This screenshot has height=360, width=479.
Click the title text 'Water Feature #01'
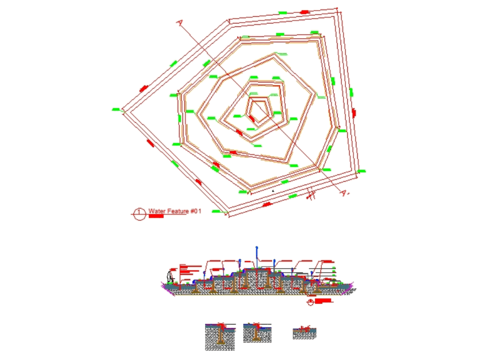point(174,211)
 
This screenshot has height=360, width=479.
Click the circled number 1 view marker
point(139,214)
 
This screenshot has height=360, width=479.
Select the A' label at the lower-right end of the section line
point(344,193)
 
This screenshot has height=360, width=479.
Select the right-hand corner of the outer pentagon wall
point(359,174)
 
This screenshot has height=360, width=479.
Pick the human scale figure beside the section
point(169,277)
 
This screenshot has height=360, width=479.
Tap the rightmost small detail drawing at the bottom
point(304,333)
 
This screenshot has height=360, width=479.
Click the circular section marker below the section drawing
point(311,302)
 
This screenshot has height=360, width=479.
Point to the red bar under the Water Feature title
point(156,217)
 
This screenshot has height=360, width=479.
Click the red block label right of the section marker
point(324,301)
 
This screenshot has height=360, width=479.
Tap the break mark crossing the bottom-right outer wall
point(311,194)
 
